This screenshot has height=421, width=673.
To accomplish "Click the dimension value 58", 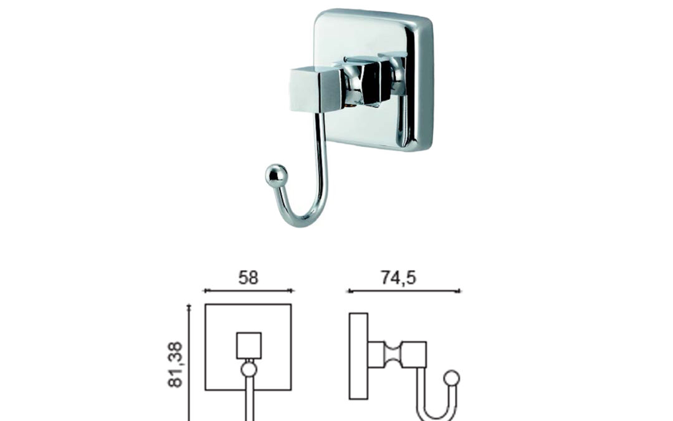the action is (249, 278).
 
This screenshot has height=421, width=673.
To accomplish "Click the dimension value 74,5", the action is (398, 278).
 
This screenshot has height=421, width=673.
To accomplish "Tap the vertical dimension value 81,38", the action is (176, 365).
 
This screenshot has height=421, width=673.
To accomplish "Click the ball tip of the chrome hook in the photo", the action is (276, 175).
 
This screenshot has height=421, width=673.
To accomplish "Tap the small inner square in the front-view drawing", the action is (249, 346).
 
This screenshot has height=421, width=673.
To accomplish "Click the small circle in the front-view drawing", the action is (249, 369).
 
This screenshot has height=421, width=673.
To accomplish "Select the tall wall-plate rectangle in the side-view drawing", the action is (358, 356).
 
